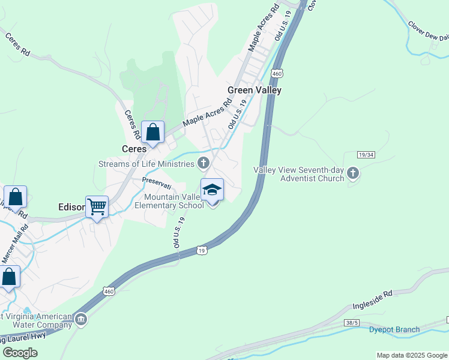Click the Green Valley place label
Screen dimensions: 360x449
[x=254, y=90]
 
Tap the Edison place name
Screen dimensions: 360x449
[x=71, y=207]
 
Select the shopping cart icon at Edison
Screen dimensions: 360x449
[x=97, y=207]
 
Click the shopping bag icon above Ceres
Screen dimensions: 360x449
[x=153, y=132]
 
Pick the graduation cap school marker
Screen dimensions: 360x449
[x=211, y=190]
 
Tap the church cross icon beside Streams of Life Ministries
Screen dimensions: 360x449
[x=204, y=163]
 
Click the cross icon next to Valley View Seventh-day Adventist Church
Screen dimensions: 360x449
[x=353, y=173]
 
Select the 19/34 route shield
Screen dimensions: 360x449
[x=366, y=155]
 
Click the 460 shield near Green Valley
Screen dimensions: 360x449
[x=276, y=73]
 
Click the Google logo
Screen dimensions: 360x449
[x=20, y=352]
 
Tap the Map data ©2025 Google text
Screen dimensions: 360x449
[x=411, y=355]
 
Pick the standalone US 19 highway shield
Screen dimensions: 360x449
[x=202, y=250]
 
